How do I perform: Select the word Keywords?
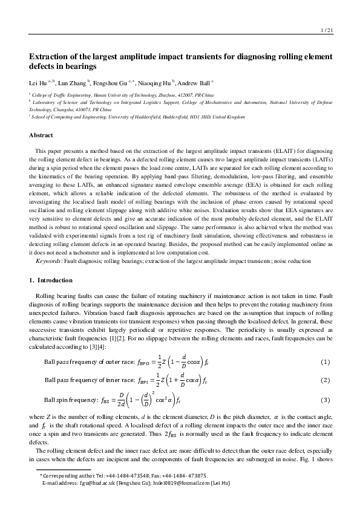coord(48,261)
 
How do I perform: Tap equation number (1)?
coord(325,362)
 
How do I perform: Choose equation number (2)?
coord(325,380)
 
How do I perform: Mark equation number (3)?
coord(325,400)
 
